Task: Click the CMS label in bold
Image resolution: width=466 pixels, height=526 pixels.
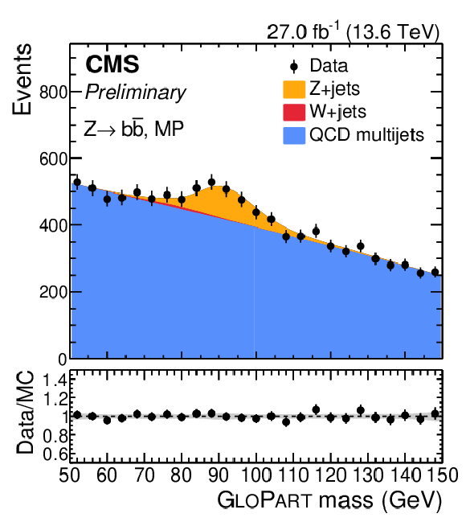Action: [112, 64]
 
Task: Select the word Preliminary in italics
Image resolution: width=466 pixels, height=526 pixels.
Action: [135, 92]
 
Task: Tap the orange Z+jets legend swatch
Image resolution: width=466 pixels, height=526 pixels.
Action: [294, 89]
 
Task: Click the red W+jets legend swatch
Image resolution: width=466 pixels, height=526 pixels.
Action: [294, 112]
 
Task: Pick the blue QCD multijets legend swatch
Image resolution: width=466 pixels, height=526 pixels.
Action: [294, 135]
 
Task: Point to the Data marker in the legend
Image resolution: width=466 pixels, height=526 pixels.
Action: [294, 67]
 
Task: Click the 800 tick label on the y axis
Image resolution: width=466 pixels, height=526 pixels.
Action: [54, 92]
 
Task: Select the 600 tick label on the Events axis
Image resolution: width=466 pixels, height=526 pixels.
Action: [54, 158]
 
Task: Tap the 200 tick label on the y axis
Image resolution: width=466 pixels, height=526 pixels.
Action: [54, 292]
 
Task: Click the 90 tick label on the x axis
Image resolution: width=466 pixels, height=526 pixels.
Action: [219, 475]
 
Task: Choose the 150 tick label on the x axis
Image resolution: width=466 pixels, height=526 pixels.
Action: [443, 475]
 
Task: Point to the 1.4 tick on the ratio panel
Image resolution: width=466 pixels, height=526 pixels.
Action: [55, 380]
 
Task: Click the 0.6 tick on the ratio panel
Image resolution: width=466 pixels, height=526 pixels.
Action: [55, 454]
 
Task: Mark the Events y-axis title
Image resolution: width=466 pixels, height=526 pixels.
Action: [22, 79]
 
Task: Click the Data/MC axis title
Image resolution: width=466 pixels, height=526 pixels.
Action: [25, 413]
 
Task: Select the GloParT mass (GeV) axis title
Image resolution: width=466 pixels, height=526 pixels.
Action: [329, 500]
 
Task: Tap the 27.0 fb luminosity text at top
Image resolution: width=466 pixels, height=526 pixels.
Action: [353, 32]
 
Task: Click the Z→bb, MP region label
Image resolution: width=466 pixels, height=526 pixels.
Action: [133, 129]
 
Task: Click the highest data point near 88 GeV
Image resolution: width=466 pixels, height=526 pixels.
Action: [211, 182]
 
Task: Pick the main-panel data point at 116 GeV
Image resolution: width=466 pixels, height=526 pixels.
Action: [316, 231]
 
